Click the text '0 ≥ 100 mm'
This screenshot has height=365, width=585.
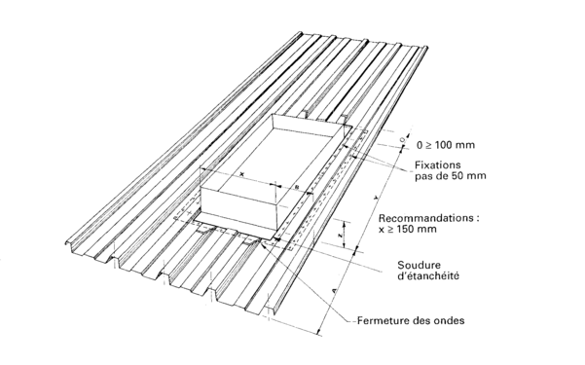[x=446, y=145]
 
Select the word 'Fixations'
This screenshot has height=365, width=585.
[x=438, y=164]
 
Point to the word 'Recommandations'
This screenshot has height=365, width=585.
[x=425, y=218]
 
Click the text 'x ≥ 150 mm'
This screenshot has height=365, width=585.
[x=408, y=229]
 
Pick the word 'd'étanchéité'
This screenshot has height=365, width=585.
[x=428, y=276]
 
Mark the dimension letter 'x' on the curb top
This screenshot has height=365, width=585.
[x=241, y=174]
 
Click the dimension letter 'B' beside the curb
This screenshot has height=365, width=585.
[x=297, y=187]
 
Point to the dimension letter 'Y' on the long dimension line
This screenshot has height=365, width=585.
[x=376, y=199]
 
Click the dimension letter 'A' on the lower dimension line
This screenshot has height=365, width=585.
[x=335, y=290]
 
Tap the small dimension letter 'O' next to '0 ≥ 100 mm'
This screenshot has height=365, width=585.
[x=402, y=139]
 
